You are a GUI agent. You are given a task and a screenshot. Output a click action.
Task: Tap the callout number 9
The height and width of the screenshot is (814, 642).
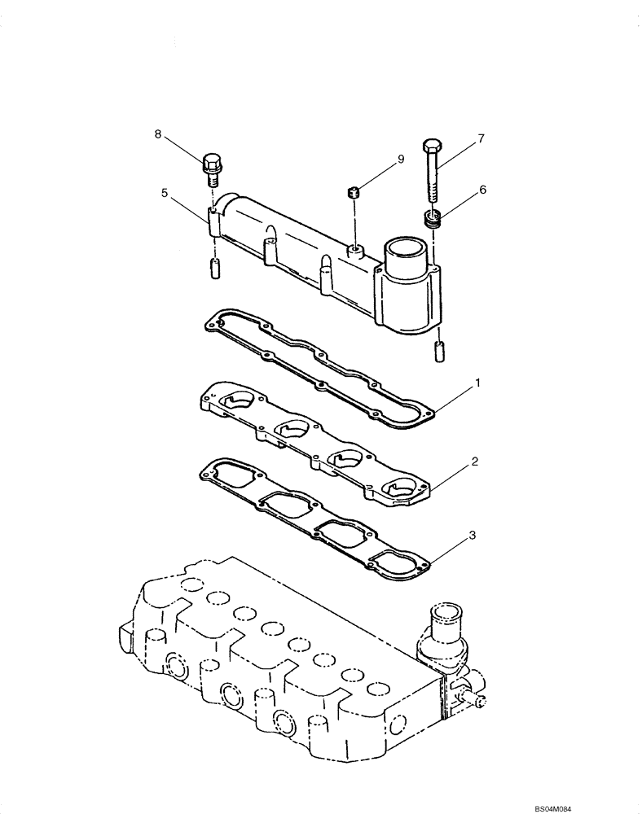click(x=400, y=160)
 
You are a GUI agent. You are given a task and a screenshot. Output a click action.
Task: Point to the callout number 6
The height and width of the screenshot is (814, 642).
click(x=483, y=189)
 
